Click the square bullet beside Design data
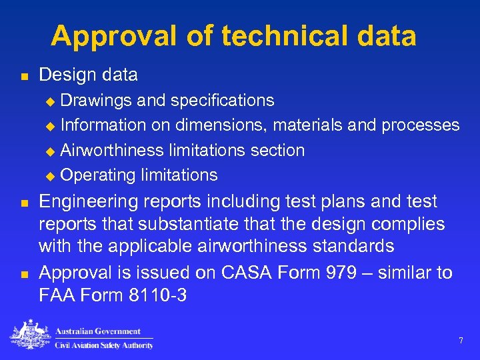click(x=24, y=76)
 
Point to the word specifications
click(x=222, y=100)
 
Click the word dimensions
click(x=221, y=125)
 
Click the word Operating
click(x=98, y=175)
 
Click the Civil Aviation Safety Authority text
click(x=104, y=345)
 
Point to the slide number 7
click(x=461, y=341)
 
